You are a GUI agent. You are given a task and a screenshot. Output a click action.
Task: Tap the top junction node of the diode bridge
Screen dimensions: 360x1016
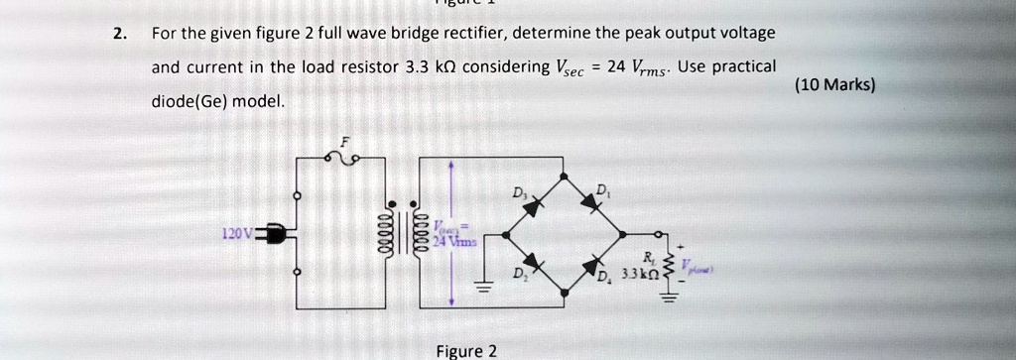tap(565, 176)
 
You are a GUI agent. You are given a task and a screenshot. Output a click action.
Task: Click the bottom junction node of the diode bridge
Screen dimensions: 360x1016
tap(565, 293)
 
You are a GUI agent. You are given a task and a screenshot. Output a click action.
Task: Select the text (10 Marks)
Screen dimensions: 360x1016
tap(834, 85)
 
